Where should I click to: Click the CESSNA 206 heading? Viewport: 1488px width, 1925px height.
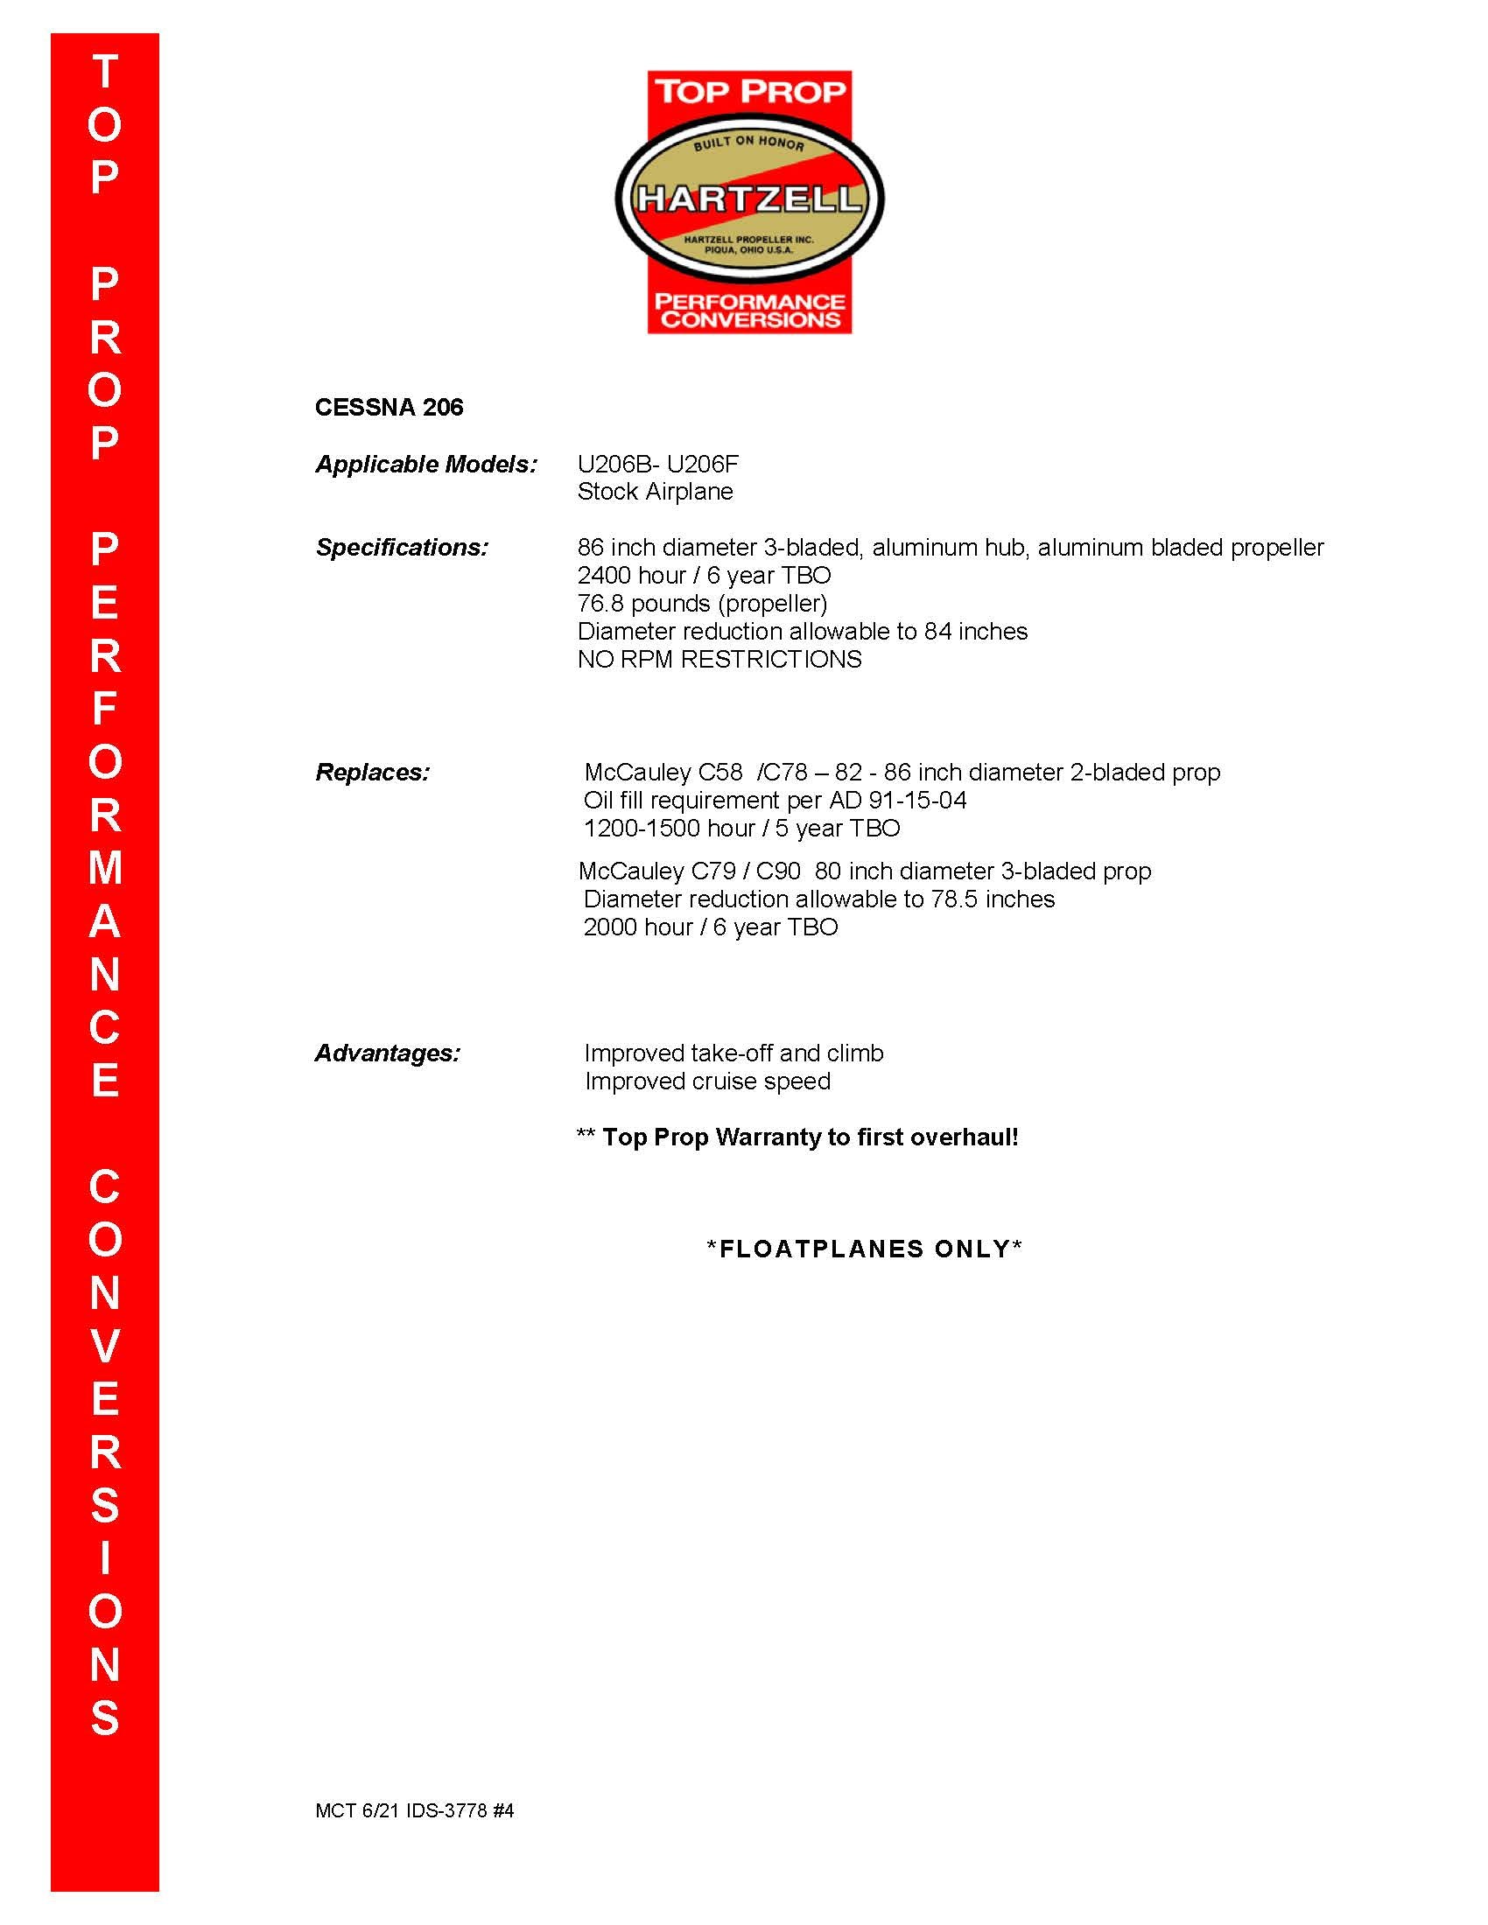click(389, 407)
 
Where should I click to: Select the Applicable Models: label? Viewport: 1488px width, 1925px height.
click(425, 465)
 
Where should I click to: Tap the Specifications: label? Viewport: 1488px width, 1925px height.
click(401, 548)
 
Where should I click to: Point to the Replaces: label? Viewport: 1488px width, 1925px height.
click(372, 772)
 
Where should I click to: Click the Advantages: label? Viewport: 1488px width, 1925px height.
click(387, 1053)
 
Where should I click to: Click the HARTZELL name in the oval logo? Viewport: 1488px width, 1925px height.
click(748, 199)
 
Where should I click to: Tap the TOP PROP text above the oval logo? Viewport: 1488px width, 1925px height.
click(749, 92)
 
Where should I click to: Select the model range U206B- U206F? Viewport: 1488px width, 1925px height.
click(657, 465)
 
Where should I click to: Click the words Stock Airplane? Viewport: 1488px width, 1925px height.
click(655, 492)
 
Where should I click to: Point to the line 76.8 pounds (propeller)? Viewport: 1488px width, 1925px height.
click(702, 604)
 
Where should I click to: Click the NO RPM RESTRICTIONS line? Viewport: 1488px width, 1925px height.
click(719, 659)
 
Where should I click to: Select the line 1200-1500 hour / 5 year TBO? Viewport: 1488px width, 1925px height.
click(741, 829)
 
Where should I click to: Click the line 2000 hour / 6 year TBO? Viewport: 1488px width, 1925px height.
click(711, 927)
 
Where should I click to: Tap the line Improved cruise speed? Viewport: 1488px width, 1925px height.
click(707, 1081)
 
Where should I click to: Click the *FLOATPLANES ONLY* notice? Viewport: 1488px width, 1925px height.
click(864, 1249)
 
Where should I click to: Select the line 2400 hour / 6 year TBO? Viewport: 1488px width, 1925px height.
click(704, 576)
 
